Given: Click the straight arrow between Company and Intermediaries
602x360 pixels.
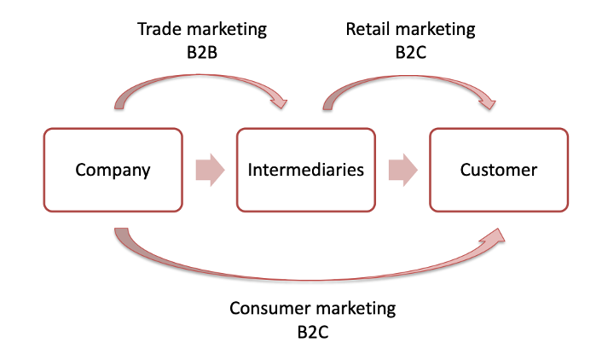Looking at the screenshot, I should click(209, 170).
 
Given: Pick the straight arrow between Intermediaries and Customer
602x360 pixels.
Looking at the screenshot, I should click(402, 170).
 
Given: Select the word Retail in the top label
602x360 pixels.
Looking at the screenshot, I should click(368, 29).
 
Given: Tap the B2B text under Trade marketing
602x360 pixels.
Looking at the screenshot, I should click(202, 52).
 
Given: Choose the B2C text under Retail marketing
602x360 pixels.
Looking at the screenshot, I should click(410, 52).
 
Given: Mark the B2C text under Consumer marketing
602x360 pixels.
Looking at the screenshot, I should click(313, 331).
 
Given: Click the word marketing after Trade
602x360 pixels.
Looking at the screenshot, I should click(227, 30).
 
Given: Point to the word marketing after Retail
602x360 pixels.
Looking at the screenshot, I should click(435, 30).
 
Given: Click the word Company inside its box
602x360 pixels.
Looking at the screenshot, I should click(113, 170).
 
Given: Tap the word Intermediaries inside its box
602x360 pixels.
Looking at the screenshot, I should click(305, 170).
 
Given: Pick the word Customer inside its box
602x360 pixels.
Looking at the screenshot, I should click(499, 170).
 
